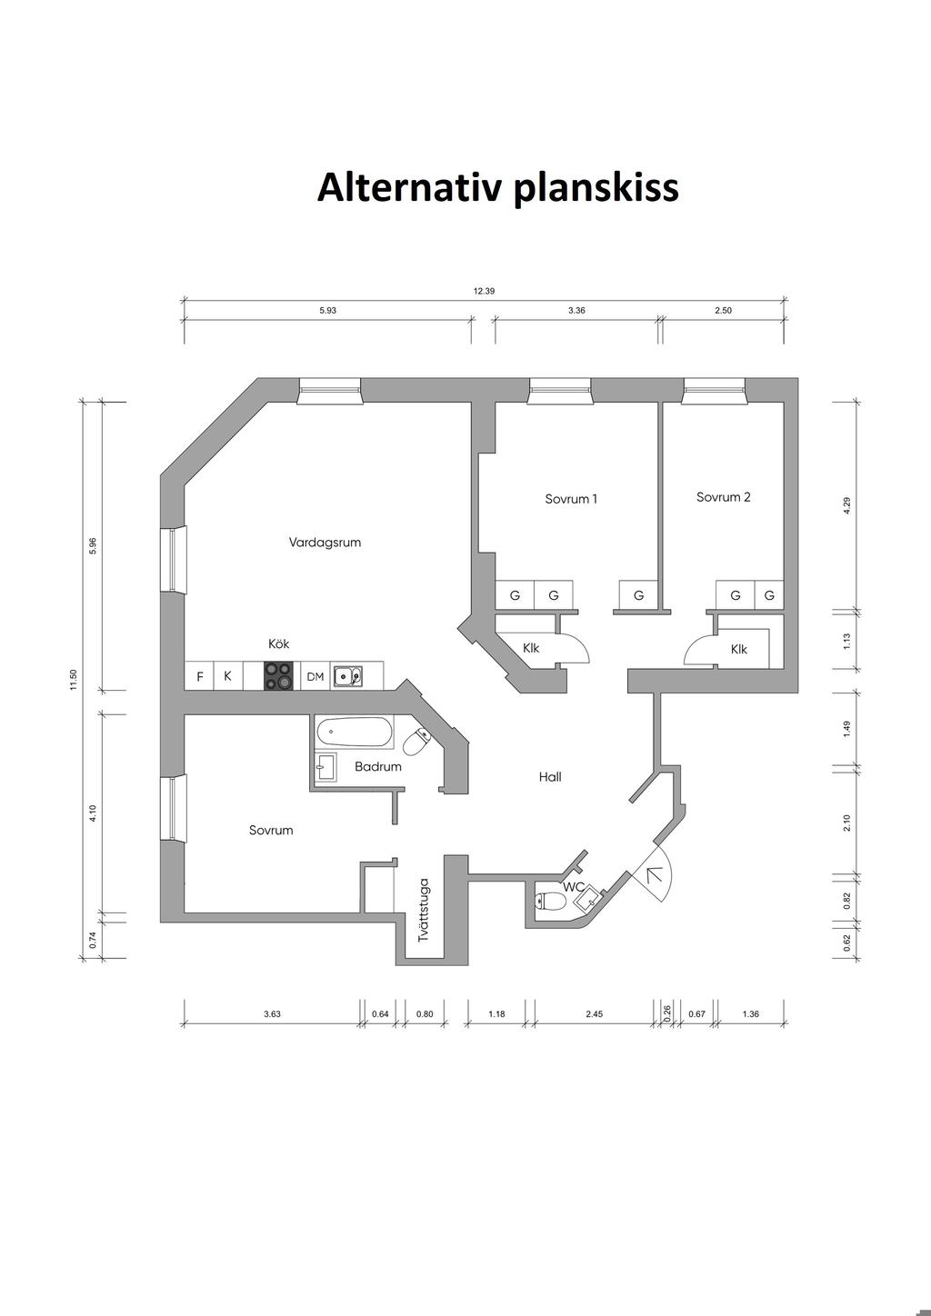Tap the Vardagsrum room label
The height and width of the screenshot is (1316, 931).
tap(325, 543)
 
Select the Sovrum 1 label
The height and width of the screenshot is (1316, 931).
tap(571, 499)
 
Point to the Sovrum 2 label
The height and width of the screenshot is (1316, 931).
tap(724, 497)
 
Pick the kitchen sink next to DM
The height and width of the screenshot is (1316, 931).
tap(346, 676)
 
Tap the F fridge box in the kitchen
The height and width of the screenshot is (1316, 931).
tap(200, 677)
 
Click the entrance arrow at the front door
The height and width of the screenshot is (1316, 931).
tap(653, 875)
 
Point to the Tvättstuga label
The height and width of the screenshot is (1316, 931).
tap(424, 909)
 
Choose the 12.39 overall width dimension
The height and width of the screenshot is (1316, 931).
tap(484, 292)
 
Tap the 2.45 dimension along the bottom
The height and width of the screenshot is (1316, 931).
tap(594, 1014)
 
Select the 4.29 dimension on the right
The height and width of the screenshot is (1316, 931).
tap(846, 506)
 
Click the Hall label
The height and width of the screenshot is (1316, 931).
tap(550, 777)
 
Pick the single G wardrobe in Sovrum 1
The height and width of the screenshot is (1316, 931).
tap(638, 596)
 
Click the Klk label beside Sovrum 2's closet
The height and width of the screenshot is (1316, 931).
tap(739, 650)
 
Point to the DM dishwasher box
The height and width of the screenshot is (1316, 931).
tap(315, 677)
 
